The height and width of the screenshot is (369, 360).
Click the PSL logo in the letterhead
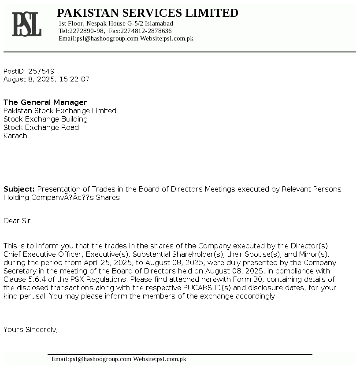point(26,24)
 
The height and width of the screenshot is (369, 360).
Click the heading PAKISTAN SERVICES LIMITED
point(148,13)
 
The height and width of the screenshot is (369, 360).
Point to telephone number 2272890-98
point(87,31)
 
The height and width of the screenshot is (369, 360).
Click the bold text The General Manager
point(45,102)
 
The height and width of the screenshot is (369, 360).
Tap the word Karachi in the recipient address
point(16,136)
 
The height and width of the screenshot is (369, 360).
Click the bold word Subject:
point(19,189)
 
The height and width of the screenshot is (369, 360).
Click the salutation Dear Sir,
point(18,221)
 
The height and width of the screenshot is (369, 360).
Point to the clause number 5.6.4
point(37,279)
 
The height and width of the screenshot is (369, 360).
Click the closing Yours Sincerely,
point(30,329)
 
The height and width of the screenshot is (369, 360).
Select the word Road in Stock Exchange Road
point(71,127)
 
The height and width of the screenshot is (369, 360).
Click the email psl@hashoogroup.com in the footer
point(100,359)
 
